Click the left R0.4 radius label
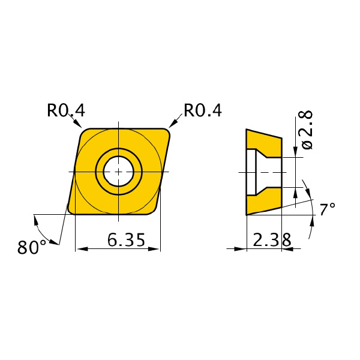pos(66,110)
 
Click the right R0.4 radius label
pos(203,110)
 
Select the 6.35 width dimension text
pos(126,240)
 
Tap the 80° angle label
pos(32,247)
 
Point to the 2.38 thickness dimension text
pos(272,239)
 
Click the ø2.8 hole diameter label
pos(306,130)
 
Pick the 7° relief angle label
pos(328,209)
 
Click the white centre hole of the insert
pos(118,172)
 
